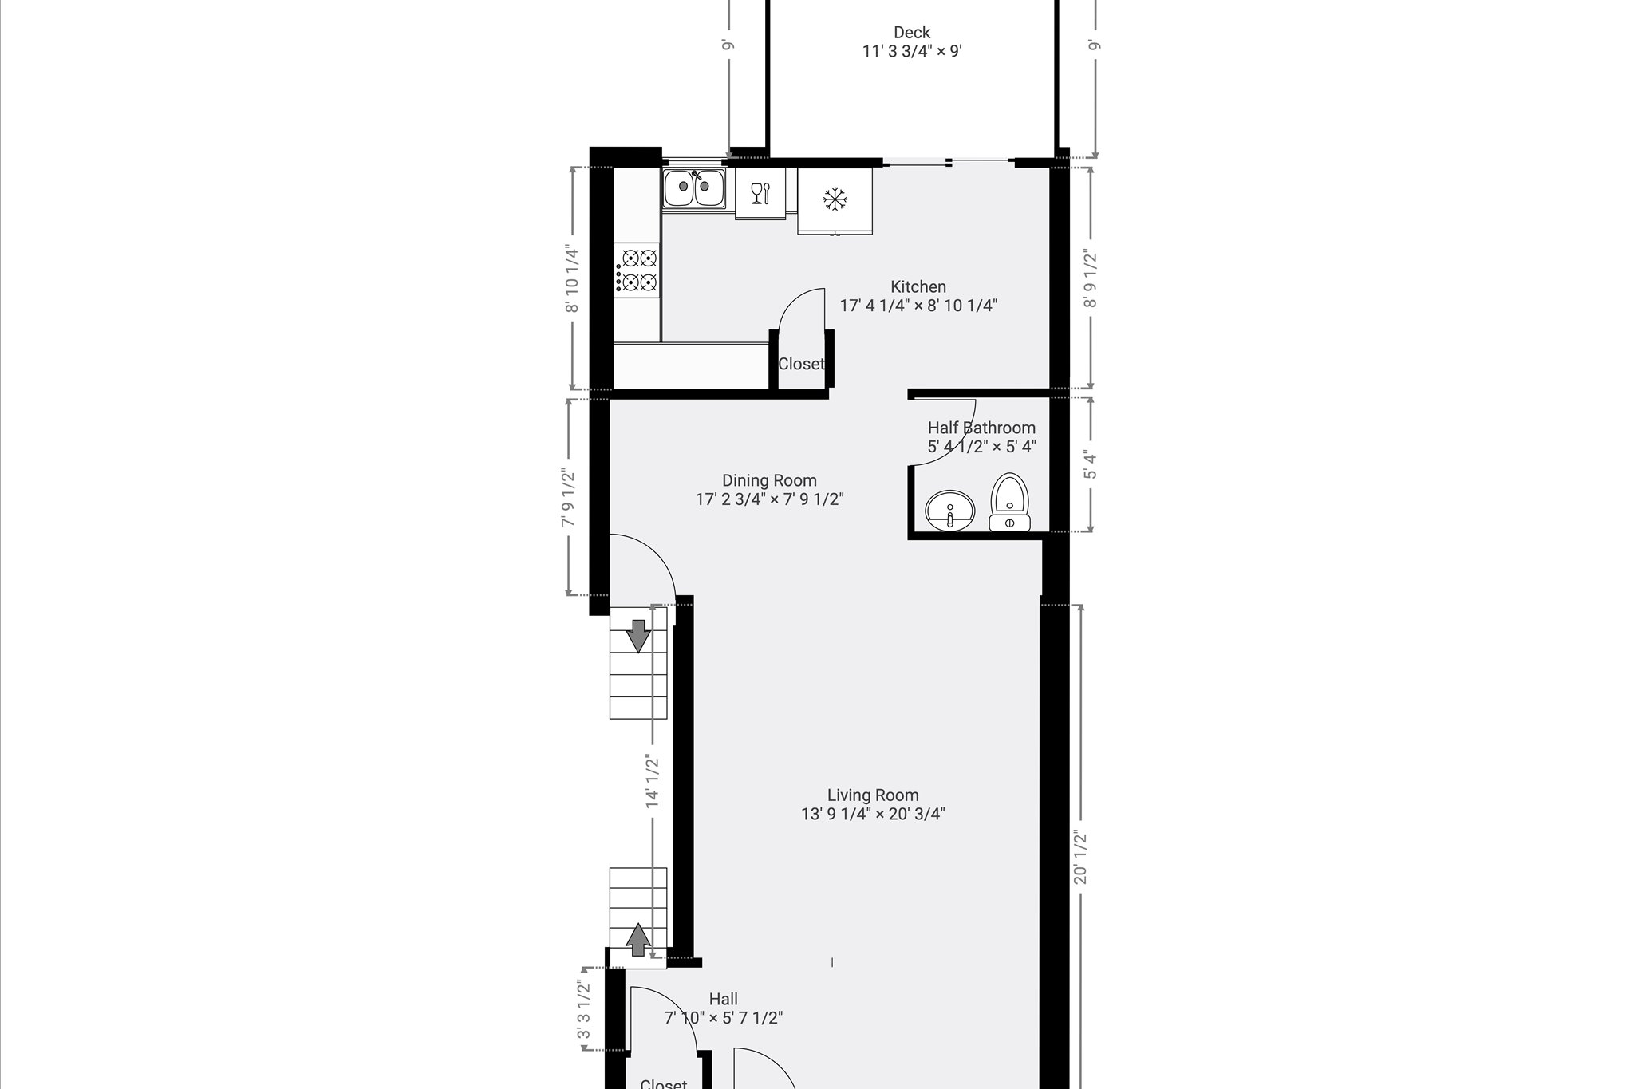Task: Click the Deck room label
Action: point(912,33)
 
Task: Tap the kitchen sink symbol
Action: point(693,189)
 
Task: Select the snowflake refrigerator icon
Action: point(835,199)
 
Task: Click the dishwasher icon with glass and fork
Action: point(760,192)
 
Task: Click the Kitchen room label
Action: point(918,287)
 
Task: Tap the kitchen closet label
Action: point(801,364)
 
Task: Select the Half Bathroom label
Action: point(981,428)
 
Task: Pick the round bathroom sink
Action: point(950,509)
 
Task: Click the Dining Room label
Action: point(769,481)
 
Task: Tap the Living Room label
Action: point(873,795)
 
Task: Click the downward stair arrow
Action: point(638,636)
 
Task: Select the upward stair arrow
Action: point(637,939)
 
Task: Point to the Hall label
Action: point(724,999)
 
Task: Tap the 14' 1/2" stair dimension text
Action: point(653,783)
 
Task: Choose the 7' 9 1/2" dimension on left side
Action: point(568,497)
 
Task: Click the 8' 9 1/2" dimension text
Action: point(1091,279)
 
